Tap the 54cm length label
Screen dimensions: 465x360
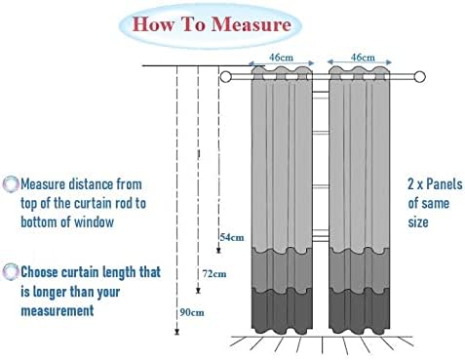coord(232,237)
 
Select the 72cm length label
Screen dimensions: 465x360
coord(213,274)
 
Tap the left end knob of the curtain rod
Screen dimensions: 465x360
coord(226,76)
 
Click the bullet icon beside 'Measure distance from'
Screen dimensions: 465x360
coord(11,183)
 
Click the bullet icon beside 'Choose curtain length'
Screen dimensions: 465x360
coord(11,272)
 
